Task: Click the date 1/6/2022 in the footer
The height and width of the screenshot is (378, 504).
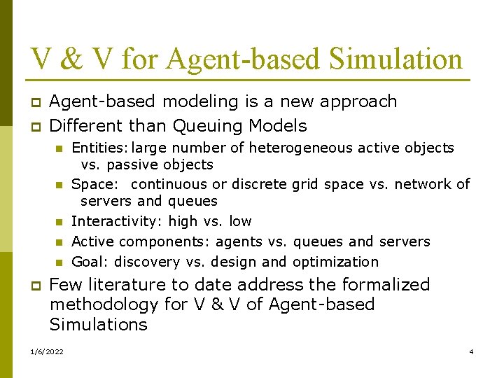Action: coord(46,351)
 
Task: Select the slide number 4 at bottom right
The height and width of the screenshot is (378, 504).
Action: coord(471,351)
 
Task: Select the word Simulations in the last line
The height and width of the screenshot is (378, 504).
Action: coord(98,325)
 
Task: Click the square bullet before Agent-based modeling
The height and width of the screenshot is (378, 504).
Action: coord(35,102)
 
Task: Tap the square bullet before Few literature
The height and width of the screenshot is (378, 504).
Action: coord(35,286)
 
